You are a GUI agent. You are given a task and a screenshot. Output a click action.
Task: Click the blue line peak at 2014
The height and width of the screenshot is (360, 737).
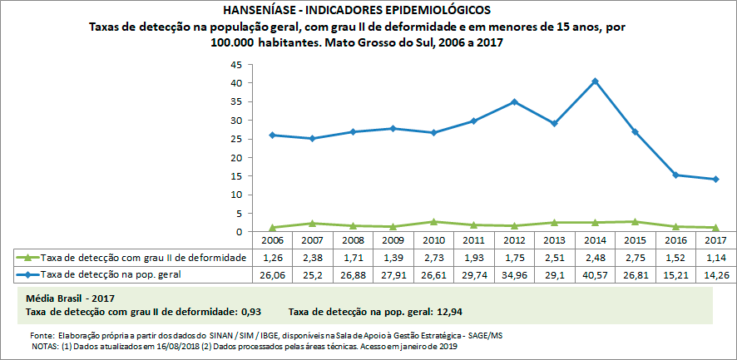click(595, 81)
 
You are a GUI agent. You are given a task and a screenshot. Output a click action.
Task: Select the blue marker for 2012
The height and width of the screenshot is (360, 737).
click(514, 102)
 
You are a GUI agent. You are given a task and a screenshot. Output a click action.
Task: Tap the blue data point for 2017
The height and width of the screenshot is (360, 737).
click(715, 179)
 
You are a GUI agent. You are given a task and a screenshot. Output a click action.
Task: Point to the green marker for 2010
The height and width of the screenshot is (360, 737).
click(433, 222)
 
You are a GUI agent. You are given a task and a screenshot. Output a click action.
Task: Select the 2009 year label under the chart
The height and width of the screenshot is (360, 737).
click(393, 240)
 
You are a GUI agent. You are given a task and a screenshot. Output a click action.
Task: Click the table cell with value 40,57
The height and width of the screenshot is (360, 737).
click(594, 273)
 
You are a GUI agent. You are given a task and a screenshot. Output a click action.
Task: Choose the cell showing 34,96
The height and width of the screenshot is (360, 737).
click(513, 273)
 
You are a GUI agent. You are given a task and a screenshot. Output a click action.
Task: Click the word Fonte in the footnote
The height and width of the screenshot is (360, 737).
click(42, 335)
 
